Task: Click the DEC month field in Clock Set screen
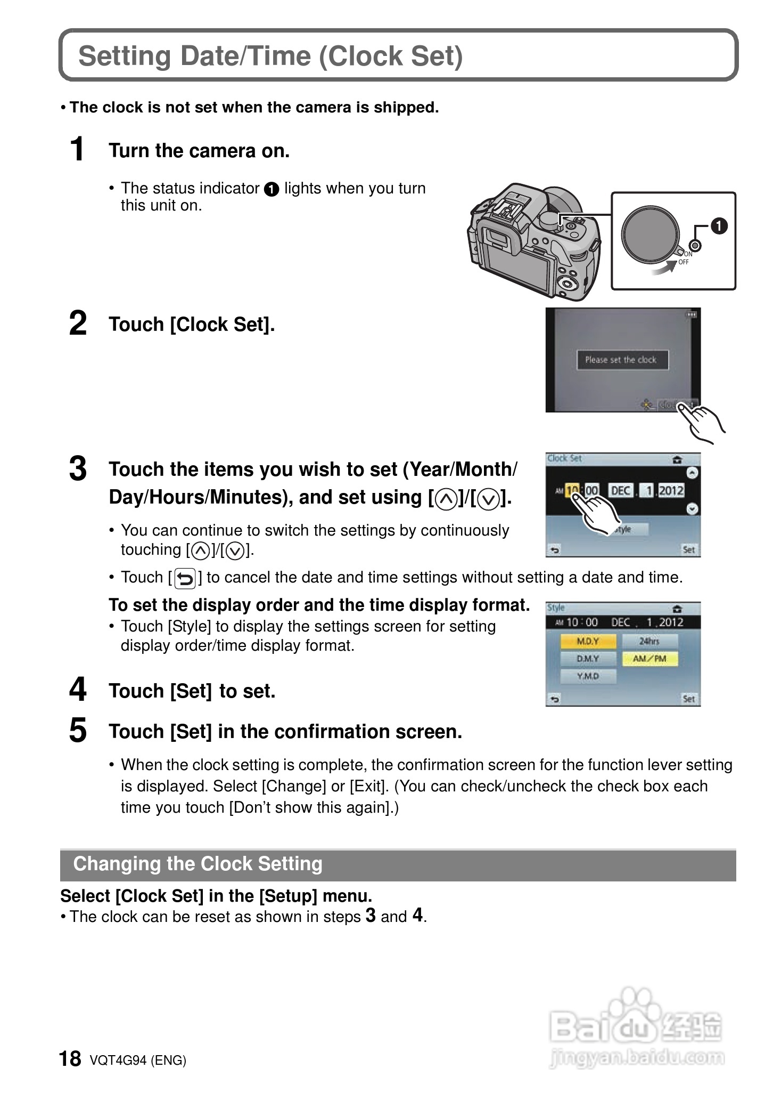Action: tap(620, 490)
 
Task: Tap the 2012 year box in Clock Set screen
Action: tap(671, 490)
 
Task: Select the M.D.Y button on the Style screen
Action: tap(588, 641)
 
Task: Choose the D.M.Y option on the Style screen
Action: tap(588, 659)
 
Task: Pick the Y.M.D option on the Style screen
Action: tap(588, 676)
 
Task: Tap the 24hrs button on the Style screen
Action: tap(649, 641)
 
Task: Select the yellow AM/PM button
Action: tap(649, 659)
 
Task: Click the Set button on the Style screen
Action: tap(688, 699)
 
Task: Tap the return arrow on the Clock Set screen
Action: tap(555, 550)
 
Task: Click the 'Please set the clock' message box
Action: tap(622, 360)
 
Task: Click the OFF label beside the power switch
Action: tap(684, 262)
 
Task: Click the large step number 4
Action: tap(78, 690)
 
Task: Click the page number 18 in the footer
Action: tap(70, 1059)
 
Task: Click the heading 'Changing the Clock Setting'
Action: tap(198, 864)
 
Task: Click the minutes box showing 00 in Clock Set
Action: tap(591, 490)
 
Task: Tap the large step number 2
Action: tap(78, 324)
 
